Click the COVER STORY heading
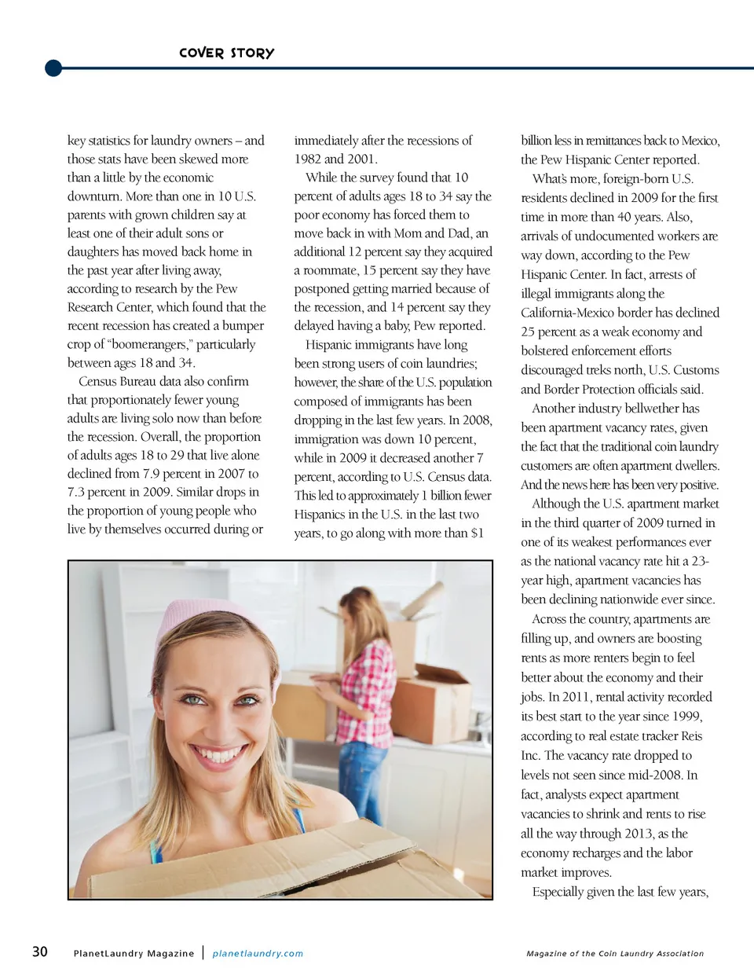(x=226, y=53)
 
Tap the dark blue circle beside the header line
(x=53, y=68)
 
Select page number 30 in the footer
(x=39, y=951)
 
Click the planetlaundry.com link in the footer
(x=258, y=953)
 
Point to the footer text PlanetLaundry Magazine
(x=134, y=953)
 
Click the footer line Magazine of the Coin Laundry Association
(x=615, y=953)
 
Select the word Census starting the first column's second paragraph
(x=97, y=381)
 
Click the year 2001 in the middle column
(x=361, y=159)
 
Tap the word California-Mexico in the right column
(x=571, y=313)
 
